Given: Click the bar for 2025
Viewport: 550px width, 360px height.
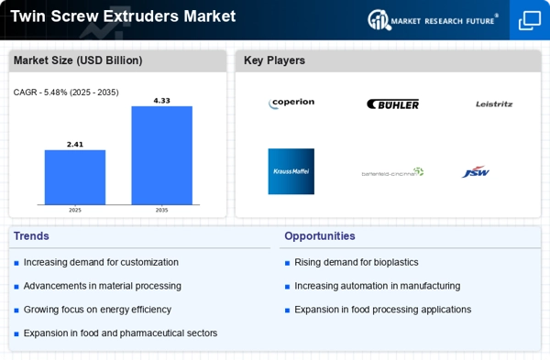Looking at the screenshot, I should (x=74, y=178).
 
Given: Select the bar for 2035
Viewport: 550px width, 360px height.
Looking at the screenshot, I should (x=161, y=156).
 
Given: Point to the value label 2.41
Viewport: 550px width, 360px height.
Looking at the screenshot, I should (x=74, y=144).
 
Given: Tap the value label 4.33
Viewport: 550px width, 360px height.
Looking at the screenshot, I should (x=161, y=100).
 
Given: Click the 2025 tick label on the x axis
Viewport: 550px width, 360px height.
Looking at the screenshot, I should (x=74, y=210).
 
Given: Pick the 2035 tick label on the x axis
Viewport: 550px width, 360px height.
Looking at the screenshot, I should (x=161, y=210).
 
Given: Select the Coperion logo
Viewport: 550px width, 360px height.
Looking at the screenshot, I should (x=291, y=104).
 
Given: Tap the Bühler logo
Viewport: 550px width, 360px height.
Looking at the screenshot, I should (x=392, y=104).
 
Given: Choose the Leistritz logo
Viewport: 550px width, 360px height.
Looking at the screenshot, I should (x=494, y=104).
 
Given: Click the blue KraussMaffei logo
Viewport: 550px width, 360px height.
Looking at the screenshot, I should (x=291, y=171).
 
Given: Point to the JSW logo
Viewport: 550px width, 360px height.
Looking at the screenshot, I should (x=476, y=171).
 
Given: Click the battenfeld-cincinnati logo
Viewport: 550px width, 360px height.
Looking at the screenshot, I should (x=392, y=171).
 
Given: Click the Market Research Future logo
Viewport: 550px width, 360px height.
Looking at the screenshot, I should (x=432, y=18).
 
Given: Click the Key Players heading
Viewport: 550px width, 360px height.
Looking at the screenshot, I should (x=274, y=60).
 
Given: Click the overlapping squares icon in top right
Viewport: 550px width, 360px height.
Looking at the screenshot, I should (x=530, y=19).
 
